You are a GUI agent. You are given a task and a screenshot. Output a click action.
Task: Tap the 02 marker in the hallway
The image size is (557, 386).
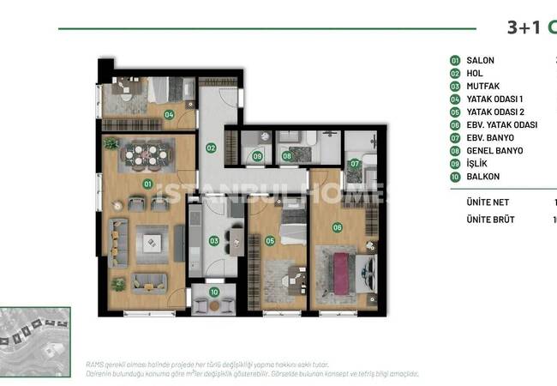pyautogui.click(x=210, y=148)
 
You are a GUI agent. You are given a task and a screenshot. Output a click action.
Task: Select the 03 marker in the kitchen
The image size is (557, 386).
pyautogui.click(x=214, y=242)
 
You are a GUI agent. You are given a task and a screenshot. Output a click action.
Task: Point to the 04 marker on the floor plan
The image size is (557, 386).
pyautogui.click(x=170, y=114)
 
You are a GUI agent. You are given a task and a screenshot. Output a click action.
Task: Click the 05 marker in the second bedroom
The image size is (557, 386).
pyautogui.click(x=270, y=241)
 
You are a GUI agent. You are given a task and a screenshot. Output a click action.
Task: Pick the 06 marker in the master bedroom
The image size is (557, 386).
pyautogui.click(x=338, y=227)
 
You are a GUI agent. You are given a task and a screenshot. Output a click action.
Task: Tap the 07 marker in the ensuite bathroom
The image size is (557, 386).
pyautogui.click(x=355, y=163)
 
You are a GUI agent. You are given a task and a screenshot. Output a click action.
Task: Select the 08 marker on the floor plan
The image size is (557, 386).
pyautogui.click(x=288, y=156)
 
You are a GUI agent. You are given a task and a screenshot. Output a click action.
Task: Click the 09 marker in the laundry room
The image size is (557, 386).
pyautogui.click(x=257, y=156)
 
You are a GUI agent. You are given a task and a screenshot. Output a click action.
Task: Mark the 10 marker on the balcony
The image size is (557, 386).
pyautogui.click(x=214, y=292)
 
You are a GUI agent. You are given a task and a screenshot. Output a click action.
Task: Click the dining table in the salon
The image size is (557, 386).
pyautogui.click(x=141, y=154)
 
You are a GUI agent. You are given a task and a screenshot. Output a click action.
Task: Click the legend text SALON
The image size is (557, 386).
pyautogui.click(x=480, y=61)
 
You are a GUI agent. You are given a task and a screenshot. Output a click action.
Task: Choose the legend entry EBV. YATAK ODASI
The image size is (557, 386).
pyautogui.click(x=502, y=125)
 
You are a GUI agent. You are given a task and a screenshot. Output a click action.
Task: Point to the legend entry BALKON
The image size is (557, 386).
pyautogui.click(x=483, y=177)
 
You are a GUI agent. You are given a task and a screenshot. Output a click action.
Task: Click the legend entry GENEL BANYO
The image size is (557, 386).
pyautogui.click(x=494, y=151)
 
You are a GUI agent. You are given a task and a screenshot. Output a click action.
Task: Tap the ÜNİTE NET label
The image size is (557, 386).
pyautogui.click(x=482, y=203)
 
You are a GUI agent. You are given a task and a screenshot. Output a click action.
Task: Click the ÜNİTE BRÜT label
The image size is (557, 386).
pyautogui.click(x=484, y=220)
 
